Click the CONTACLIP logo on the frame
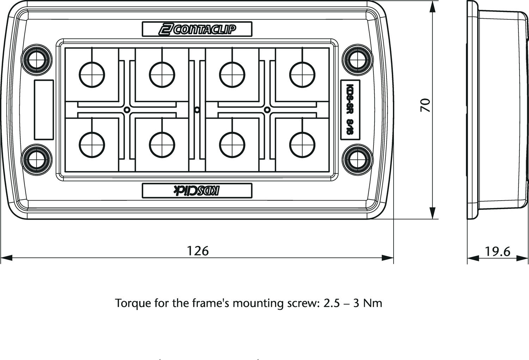(197, 29)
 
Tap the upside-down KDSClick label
(197, 190)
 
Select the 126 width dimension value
(197, 251)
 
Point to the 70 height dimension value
(426, 105)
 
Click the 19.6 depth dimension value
(498, 251)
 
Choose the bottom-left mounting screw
(36, 159)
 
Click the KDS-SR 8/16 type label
(350, 109)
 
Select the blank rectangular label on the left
(44, 109)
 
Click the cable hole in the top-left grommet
(92, 74)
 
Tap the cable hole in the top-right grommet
(302, 74)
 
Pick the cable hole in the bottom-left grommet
(92, 145)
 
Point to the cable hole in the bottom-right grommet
(302, 145)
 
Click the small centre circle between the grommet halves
(197, 110)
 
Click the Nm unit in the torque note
(373, 303)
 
